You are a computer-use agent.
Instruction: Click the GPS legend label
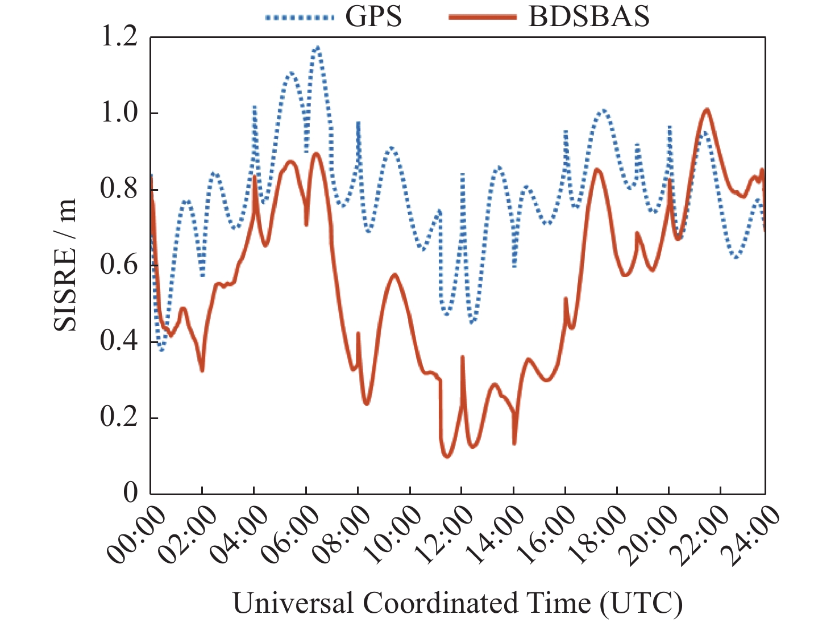(x=373, y=16)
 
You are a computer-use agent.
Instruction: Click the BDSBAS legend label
(x=589, y=16)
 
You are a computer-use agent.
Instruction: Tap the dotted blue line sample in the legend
(x=299, y=18)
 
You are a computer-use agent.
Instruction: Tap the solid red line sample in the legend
(x=483, y=18)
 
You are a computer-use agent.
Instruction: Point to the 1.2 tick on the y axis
(x=119, y=37)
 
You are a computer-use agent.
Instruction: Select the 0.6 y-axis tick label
(x=119, y=265)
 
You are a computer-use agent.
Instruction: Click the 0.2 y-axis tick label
(x=119, y=417)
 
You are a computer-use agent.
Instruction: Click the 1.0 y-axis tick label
(x=119, y=113)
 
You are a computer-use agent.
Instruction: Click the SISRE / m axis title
(x=65, y=265)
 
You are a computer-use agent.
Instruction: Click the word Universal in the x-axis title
(x=295, y=603)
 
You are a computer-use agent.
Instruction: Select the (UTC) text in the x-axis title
(x=641, y=603)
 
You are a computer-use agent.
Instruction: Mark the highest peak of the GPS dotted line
(x=317, y=47)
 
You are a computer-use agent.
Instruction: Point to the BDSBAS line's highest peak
(x=707, y=109)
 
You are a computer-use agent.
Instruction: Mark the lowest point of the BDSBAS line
(x=447, y=456)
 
